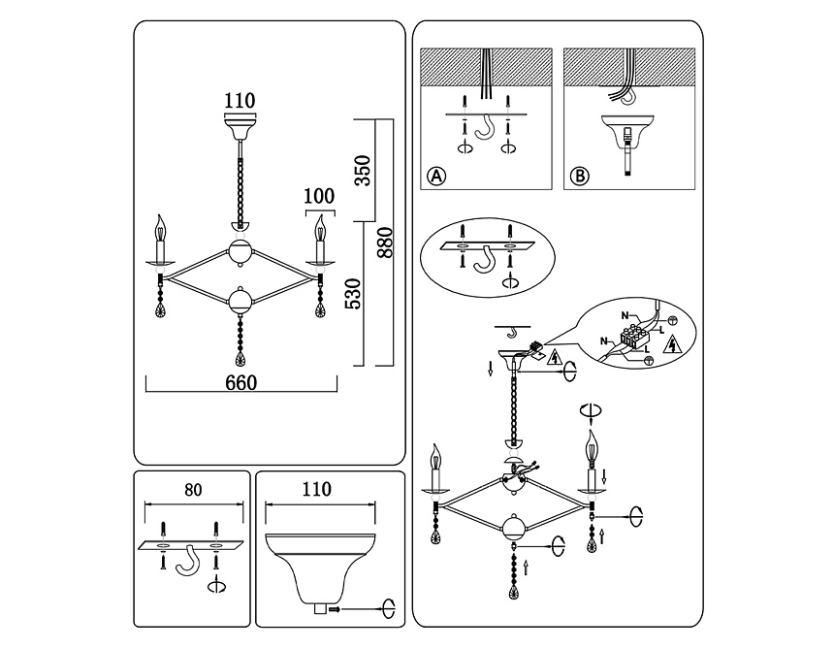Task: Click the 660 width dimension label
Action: point(241,382)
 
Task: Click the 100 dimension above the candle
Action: point(318,195)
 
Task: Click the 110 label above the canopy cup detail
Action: point(318,490)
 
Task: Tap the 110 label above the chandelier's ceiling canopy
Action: point(239,100)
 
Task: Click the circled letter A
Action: point(436,177)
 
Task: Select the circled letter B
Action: point(579,177)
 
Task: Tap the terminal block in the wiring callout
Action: point(636,339)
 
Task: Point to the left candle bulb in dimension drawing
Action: point(160,232)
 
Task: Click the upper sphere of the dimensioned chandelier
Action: point(239,249)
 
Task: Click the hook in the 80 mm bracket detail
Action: point(192,560)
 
